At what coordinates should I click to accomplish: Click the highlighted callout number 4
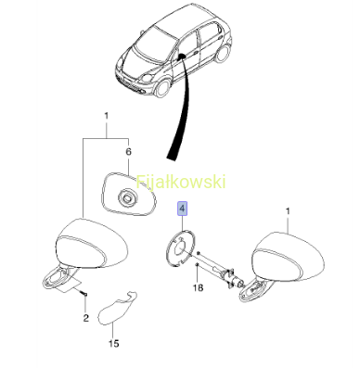tap(182, 209)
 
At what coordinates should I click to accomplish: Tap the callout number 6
tap(128, 152)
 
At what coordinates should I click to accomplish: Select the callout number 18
tap(198, 287)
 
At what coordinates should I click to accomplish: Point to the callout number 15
tap(114, 343)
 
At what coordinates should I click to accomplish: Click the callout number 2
tap(86, 318)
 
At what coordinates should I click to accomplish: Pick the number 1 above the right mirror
tap(288, 211)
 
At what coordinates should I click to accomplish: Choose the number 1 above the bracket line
tap(107, 116)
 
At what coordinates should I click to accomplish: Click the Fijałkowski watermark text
tap(181, 182)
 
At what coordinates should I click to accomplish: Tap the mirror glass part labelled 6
tap(129, 195)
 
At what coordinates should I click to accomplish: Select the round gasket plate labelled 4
tap(180, 248)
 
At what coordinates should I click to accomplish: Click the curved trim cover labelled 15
tap(118, 308)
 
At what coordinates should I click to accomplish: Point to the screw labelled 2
tap(84, 293)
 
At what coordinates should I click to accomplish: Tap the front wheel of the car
tap(162, 87)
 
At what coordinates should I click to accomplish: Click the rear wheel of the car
tap(222, 54)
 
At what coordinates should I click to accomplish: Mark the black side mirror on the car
tap(180, 56)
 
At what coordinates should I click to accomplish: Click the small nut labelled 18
tap(197, 264)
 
